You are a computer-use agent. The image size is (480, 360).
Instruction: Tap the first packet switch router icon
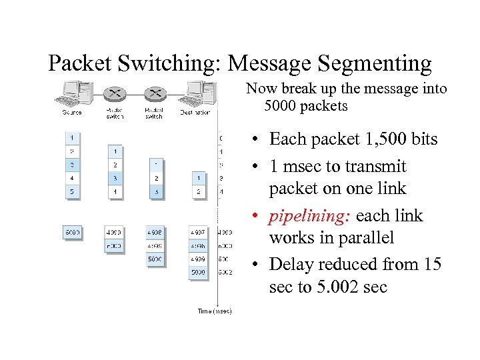point(115,95)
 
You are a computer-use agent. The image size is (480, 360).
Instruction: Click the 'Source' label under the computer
point(72,112)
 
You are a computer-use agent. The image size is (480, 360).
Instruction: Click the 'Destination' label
point(195,112)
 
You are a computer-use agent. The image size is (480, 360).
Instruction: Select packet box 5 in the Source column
point(72,192)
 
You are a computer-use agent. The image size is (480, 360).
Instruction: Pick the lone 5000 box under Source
point(72,232)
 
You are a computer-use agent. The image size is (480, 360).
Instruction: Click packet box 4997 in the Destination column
point(198,232)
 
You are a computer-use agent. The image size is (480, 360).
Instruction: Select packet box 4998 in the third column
point(155,232)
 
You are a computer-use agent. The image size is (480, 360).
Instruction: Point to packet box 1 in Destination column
point(198,178)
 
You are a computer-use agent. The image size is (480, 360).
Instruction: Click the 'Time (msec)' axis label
point(214,311)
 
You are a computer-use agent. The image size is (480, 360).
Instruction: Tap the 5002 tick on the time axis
point(226,272)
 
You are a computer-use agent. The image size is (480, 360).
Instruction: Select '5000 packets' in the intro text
point(306,106)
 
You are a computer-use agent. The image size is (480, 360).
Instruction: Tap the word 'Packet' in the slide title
point(83,63)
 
